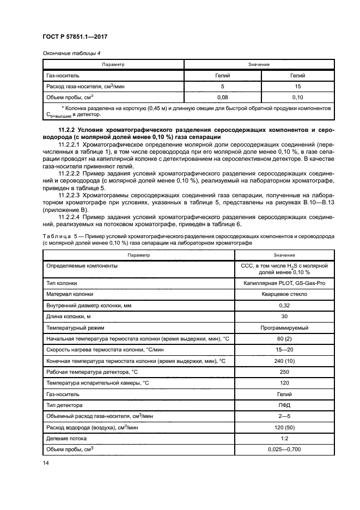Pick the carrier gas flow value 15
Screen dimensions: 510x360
[x=297, y=86]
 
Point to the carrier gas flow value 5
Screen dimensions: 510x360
[x=222, y=86]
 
